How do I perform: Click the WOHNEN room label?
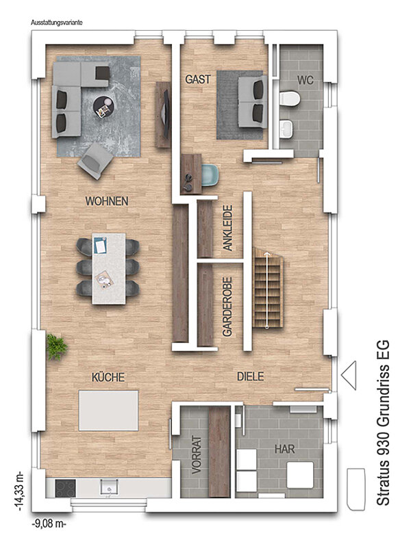pyautogui.click(x=107, y=201)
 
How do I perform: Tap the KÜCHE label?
pyautogui.click(x=108, y=377)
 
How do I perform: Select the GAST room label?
pyautogui.click(x=198, y=79)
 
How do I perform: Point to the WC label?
pyautogui.click(x=305, y=81)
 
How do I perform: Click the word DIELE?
pyautogui.click(x=250, y=376)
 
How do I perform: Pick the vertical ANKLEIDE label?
pyautogui.click(x=227, y=228)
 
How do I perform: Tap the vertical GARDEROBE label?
pyautogui.click(x=227, y=307)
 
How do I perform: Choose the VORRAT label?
pyautogui.click(x=197, y=455)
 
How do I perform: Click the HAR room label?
pyautogui.click(x=284, y=450)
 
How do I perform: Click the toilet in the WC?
pyautogui.click(x=289, y=98)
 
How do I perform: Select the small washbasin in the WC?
pyautogui.click(x=286, y=129)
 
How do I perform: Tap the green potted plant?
pyautogui.click(x=57, y=347)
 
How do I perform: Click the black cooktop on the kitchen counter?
pyautogui.click(x=66, y=489)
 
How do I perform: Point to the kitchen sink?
pyautogui.click(x=109, y=487)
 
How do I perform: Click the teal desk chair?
pyautogui.click(x=210, y=175)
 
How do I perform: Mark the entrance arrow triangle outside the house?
pyautogui.click(x=349, y=375)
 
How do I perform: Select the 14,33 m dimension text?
pyautogui.click(x=19, y=491)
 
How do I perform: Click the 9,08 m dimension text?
pyautogui.click(x=49, y=523)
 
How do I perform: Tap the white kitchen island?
pyautogui.click(x=108, y=411)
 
